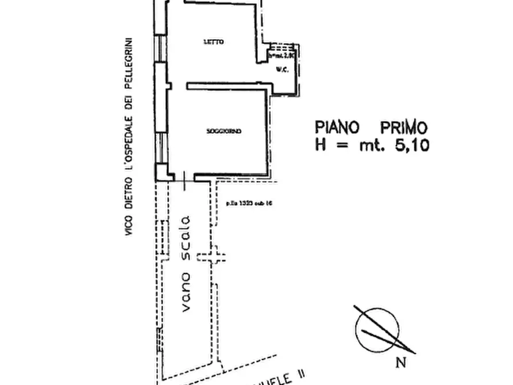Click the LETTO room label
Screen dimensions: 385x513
point(213,42)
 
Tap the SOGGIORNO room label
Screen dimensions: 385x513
point(223,132)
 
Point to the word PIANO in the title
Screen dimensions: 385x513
point(340,127)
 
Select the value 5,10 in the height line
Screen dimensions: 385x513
point(411,145)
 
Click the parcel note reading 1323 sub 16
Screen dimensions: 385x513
point(248,202)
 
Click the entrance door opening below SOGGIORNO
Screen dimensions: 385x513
point(183,179)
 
